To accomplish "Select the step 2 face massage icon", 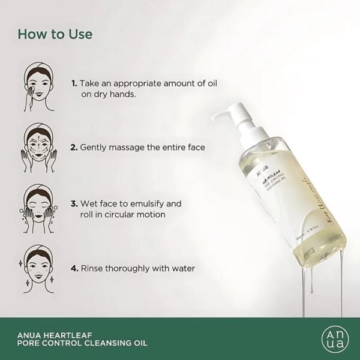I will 35,146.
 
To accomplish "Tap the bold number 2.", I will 74,146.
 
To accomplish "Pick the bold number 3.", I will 74,203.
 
